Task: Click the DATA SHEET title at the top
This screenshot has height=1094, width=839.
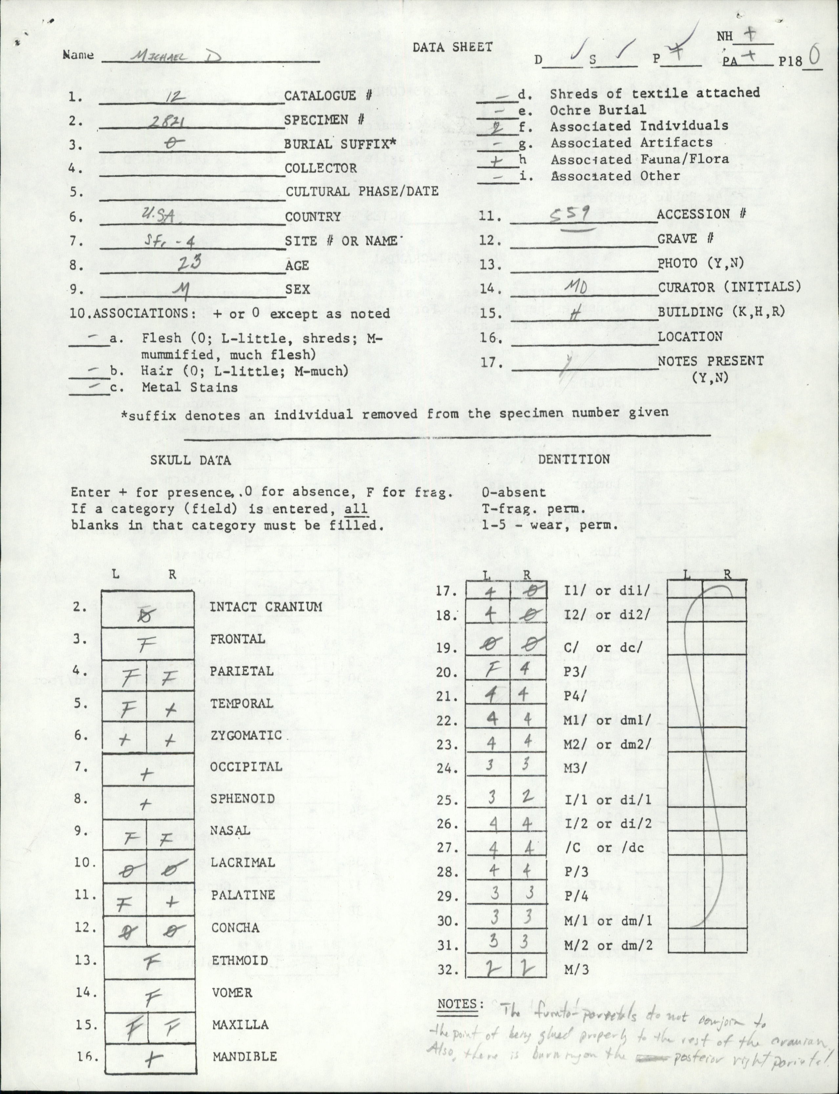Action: point(452,47)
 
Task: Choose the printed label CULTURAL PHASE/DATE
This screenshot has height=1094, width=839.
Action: point(362,191)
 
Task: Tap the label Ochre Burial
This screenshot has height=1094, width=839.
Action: point(598,110)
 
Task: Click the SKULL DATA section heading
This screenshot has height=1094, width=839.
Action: point(191,460)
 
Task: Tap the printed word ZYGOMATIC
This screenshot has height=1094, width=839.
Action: point(246,735)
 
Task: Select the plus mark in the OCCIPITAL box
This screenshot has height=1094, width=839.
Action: point(146,774)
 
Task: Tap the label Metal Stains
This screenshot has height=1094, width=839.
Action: point(190,387)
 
